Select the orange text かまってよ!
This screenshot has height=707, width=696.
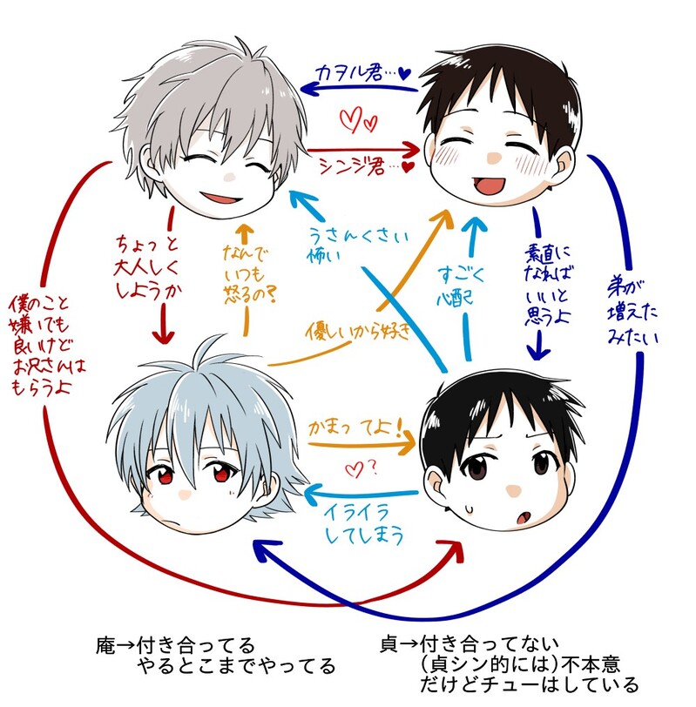pyautogui.click(x=354, y=428)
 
